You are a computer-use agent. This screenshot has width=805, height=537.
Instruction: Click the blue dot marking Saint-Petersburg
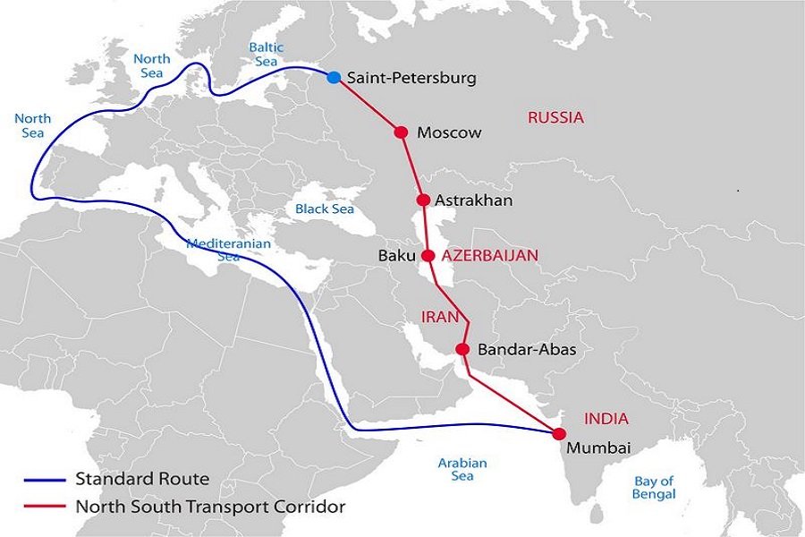[x=334, y=78]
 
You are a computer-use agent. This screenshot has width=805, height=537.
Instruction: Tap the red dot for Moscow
[x=401, y=132]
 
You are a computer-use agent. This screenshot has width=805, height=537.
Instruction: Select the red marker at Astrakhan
[x=423, y=200]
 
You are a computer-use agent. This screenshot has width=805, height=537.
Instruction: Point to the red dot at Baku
[x=428, y=255]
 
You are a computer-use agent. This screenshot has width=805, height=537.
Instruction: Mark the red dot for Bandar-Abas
[x=462, y=349]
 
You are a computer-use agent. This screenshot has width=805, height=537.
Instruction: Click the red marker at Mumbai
[x=560, y=433]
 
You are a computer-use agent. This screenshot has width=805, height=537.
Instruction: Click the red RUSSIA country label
[x=555, y=117]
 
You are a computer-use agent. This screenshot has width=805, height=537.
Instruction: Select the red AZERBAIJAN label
[x=490, y=255]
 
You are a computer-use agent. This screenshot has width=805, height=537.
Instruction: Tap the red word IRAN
[x=439, y=317]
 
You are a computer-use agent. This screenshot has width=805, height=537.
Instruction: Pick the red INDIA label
[x=606, y=418]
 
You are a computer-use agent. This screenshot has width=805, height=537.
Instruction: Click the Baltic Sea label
[x=267, y=55]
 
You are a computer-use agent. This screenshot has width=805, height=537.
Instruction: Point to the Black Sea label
[x=325, y=209]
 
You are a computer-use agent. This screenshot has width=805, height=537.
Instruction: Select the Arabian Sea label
[x=462, y=469]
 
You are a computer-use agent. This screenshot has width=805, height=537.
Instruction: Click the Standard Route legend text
[x=142, y=479]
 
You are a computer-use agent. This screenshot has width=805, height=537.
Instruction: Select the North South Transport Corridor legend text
[x=210, y=507]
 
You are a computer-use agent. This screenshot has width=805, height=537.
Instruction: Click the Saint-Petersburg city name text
[x=411, y=78]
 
